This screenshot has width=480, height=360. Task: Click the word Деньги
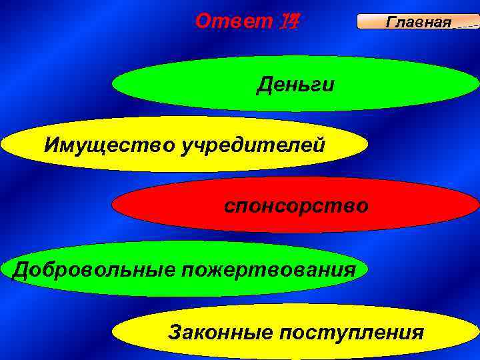pyautogui.click(x=296, y=85)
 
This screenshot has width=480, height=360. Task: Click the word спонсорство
pyautogui.click(x=295, y=206)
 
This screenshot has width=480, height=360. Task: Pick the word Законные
pyautogui.click(x=209, y=331)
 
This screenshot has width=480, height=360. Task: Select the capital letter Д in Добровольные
pyautogui.click(x=21, y=271)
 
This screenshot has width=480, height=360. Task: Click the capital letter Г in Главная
pyautogui.click(x=390, y=23)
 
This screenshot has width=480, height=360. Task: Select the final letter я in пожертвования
pyautogui.click(x=349, y=271)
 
